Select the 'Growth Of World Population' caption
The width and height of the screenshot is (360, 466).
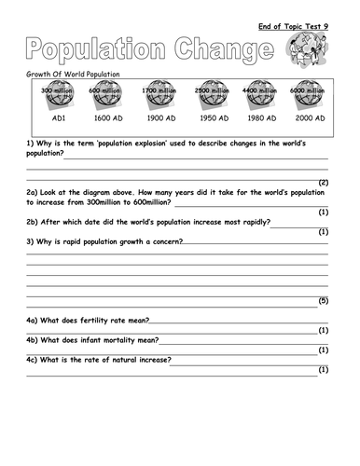pos(67,74)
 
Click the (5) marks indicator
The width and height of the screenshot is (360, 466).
pos(324,301)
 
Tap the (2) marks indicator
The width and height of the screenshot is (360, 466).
pos(324,182)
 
